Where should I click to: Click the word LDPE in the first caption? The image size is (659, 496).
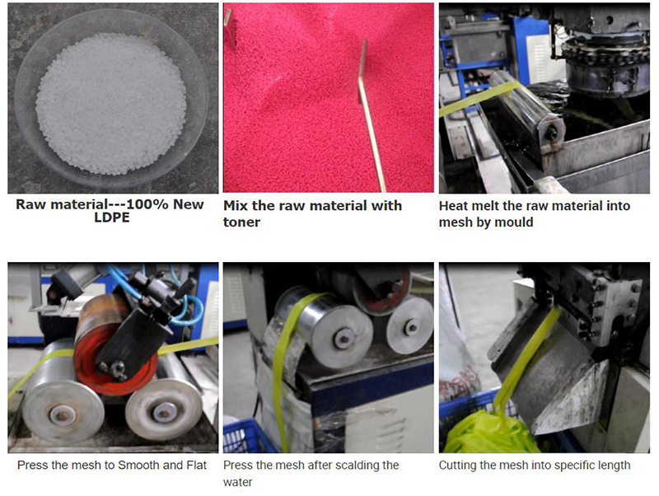click(112, 218)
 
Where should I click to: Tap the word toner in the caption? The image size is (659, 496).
click(241, 222)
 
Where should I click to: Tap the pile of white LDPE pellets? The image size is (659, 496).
click(111, 104)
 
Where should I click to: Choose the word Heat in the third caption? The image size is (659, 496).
click(454, 206)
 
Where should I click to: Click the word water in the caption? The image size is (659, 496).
click(237, 482)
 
